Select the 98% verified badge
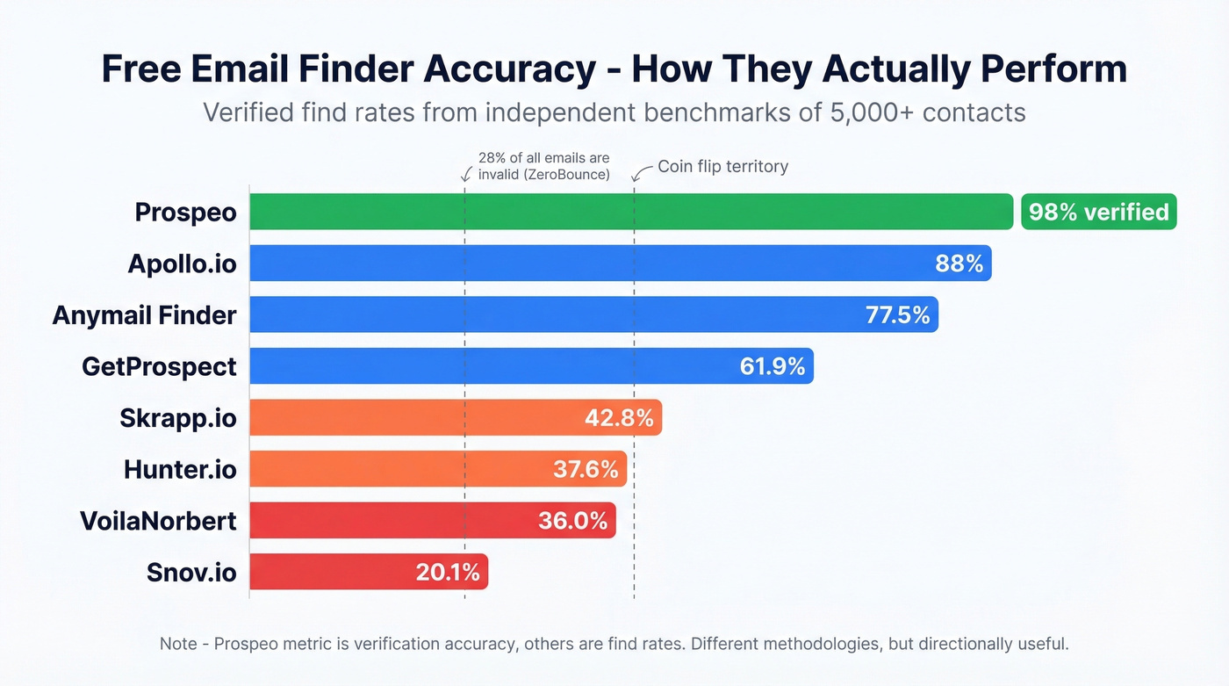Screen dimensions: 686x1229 1098,212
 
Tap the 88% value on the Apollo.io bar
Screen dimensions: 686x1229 959,264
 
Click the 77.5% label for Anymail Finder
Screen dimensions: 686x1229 897,314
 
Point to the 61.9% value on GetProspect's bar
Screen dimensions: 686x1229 773,366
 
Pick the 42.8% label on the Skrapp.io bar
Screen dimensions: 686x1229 619,418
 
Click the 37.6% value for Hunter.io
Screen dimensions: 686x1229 586,469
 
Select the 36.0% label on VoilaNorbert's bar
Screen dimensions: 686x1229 573,521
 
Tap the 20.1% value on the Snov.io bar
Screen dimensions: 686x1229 448,573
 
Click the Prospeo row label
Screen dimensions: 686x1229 185,213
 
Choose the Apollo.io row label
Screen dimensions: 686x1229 182,264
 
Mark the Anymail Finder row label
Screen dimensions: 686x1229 144,315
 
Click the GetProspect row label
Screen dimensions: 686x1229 159,366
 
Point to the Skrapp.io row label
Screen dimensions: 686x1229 177,418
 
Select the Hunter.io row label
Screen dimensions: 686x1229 180,470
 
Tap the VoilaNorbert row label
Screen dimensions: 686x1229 158,521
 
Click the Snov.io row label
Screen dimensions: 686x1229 191,573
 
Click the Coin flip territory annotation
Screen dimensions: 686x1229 722,166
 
